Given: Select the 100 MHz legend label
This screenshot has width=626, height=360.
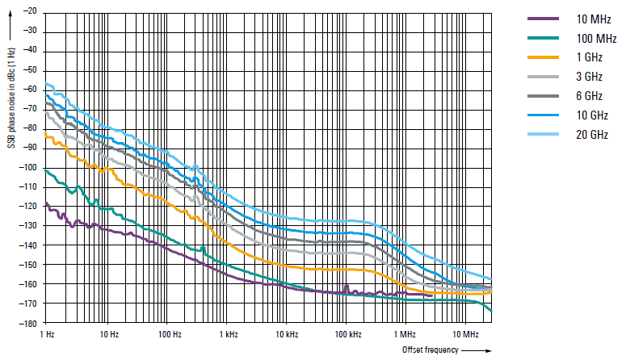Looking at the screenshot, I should click(595, 39).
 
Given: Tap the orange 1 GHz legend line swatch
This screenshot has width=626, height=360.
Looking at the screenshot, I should click(543, 57).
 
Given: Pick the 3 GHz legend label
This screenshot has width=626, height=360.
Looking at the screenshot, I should click(589, 77).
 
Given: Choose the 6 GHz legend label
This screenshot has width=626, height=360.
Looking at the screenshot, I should click(589, 96).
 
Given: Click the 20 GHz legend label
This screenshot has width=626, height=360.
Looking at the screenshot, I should click(592, 134).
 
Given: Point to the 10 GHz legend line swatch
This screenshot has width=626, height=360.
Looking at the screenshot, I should click(543, 115).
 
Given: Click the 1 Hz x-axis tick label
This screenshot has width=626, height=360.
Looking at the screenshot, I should click(47, 333).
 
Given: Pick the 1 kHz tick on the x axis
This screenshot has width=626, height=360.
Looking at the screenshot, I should click(229, 333).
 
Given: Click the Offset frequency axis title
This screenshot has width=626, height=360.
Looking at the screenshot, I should click(430, 350).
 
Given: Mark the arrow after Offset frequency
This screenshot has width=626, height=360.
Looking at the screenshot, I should click(478, 350).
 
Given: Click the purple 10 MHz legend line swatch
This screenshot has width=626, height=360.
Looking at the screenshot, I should click(543, 19).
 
